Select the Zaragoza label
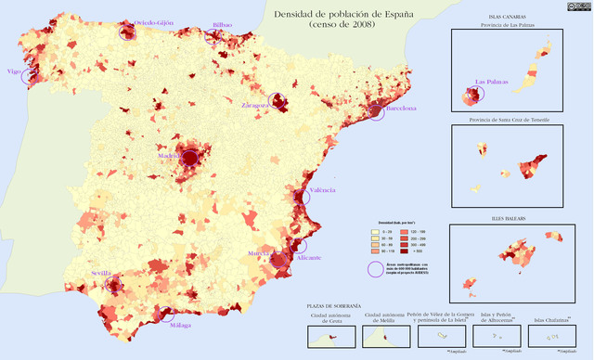pos(255,106)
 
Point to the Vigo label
pos(14,71)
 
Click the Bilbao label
pos(223,25)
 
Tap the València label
pos(322,190)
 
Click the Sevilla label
pos(101,274)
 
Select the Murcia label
pos(259,252)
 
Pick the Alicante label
pos(309,257)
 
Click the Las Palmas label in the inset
pos(492,82)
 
